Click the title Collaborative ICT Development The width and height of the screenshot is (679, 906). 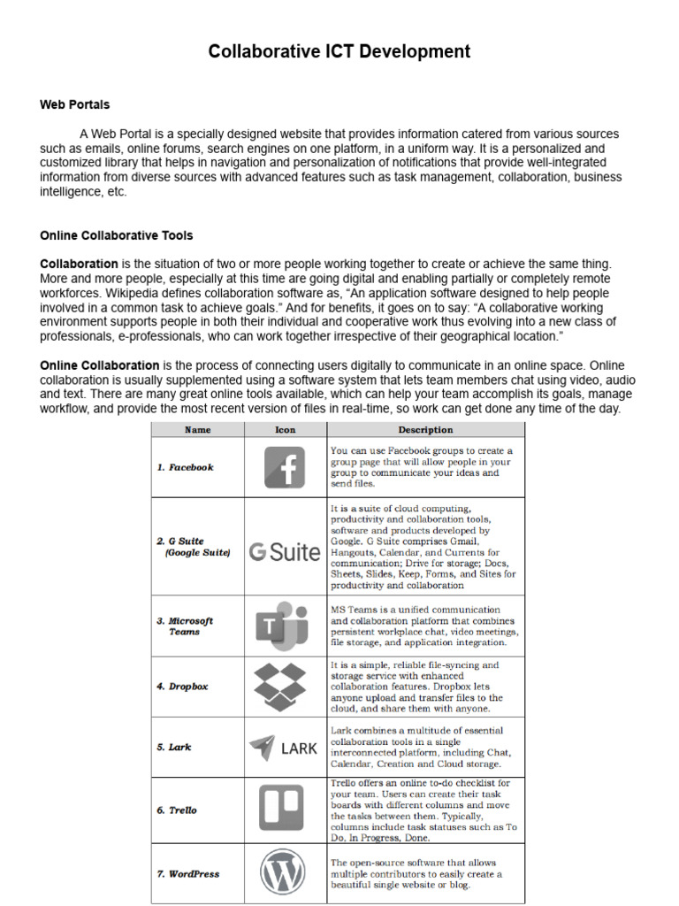[x=339, y=51]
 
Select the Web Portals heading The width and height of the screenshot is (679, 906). [x=74, y=104]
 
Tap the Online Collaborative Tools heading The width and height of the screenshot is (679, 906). [x=116, y=236]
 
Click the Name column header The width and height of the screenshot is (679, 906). [x=197, y=430]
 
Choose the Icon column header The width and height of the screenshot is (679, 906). [x=285, y=430]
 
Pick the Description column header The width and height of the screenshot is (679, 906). [x=424, y=430]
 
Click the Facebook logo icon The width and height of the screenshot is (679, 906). [x=285, y=467]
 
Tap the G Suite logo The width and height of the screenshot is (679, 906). [x=285, y=552]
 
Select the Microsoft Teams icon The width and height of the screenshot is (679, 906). [x=284, y=626]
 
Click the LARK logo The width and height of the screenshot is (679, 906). [x=283, y=748]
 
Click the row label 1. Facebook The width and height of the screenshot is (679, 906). [x=186, y=467]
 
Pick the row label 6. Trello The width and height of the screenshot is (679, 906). [x=178, y=810]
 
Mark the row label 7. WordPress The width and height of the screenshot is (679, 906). [x=188, y=873]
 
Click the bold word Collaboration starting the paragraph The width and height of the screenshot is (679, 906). [x=79, y=265]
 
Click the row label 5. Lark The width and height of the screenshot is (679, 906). [x=174, y=747]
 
